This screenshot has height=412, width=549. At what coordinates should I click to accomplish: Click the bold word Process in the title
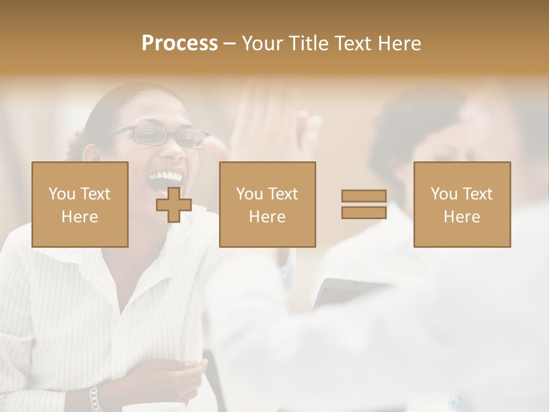[x=180, y=43]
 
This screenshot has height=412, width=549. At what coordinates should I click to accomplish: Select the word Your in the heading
[x=262, y=43]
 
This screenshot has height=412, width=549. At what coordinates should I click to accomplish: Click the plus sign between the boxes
[x=174, y=205]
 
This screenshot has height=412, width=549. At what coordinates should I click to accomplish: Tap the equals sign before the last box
[x=364, y=204]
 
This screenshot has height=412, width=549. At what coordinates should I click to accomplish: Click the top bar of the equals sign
[x=364, y=196]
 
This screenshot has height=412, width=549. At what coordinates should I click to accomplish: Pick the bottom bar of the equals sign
[x=364, y=212]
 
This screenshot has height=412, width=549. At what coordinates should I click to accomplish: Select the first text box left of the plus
[x=80, y=204]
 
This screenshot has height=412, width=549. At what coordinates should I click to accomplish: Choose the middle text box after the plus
[x=268, y=204]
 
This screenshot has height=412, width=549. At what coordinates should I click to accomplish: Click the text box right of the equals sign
[x=462, y=204]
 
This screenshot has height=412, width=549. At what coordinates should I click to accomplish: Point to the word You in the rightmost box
[x=443, y=194]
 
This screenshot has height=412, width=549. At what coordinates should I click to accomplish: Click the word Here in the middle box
[x=268, y=217]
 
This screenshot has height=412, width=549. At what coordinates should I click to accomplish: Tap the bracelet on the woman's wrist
[x=94, y=398]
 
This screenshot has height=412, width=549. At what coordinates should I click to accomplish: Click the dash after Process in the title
[x=230, y=43]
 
